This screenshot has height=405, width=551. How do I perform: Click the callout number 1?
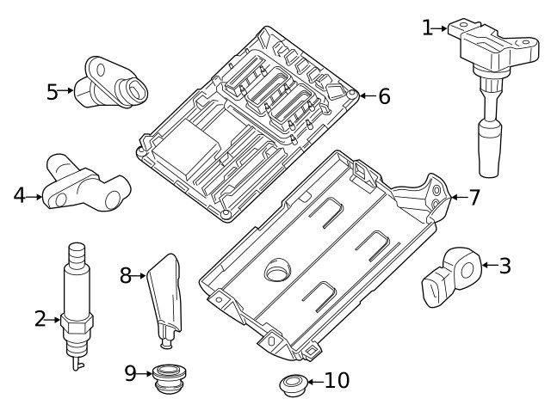coord(428,28)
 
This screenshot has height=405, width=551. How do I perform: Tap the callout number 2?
coord(40,320)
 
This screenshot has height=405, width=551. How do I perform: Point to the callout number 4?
coord(19,196)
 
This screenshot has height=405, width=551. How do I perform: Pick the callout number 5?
coord(53,91)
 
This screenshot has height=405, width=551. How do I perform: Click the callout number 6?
coord(383,96)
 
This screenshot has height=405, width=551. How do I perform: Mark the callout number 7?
coord(473,198)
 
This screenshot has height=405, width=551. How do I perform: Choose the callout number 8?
coord(126,275)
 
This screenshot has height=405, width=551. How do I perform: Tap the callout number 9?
coord(130,372)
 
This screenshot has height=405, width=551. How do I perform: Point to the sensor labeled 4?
coord(81,184)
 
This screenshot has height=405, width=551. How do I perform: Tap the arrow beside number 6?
coord(365,96)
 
